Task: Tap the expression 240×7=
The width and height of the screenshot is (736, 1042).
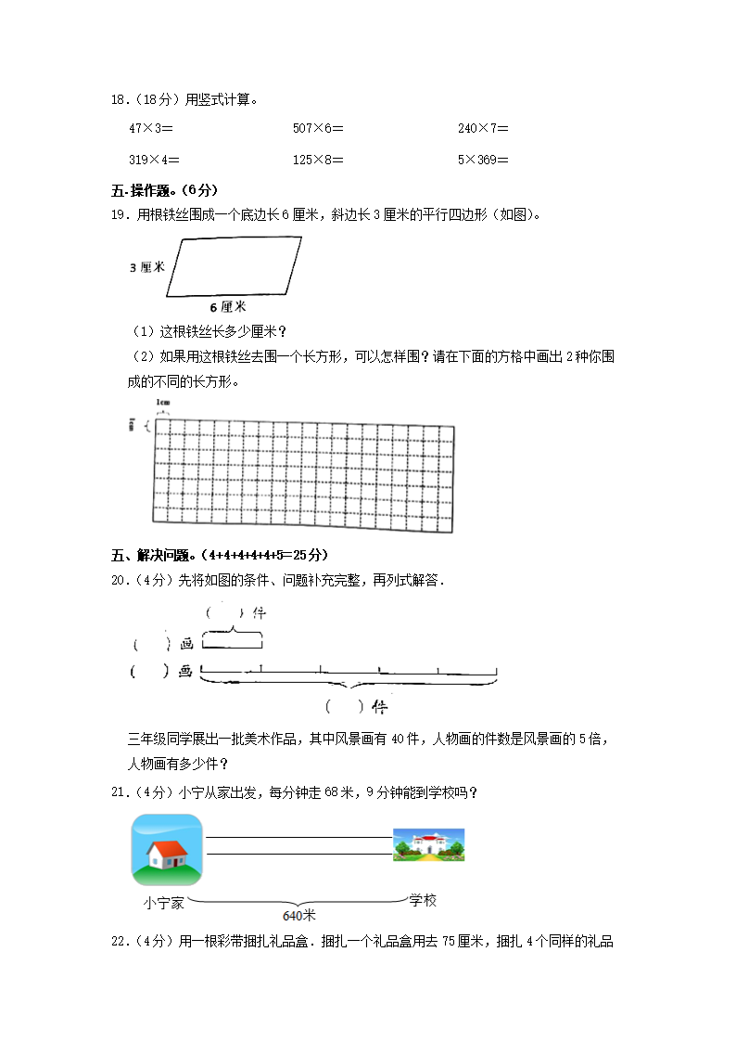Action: [x=483, y=129]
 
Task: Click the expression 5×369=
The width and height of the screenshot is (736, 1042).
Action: [x=483, y=160]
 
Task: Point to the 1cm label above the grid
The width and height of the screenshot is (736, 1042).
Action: [x=163, y=403]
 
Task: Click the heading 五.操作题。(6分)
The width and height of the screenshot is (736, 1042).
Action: [x=164, y=191]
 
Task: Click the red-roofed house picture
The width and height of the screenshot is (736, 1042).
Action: [x=167, y=850]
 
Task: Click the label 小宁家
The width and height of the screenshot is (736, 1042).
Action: [x=164, y=902]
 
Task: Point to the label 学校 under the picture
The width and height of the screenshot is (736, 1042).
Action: [x=423, y=901]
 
